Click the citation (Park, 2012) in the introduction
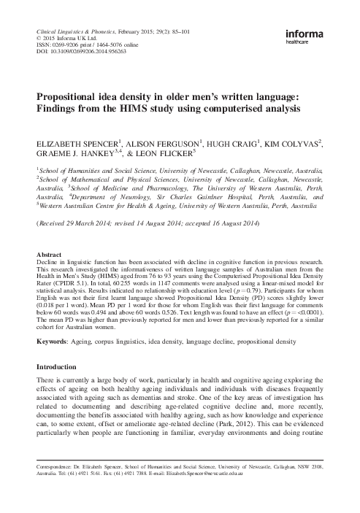click(x=274, y=423)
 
